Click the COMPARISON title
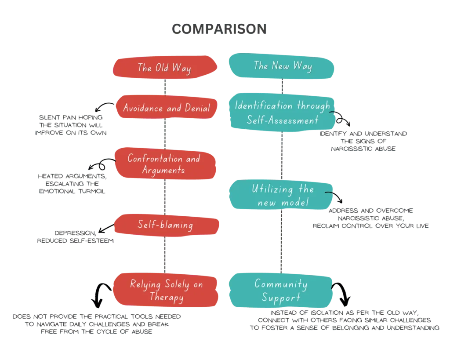pyautogui.click(x=219, y=29)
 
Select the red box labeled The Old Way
pyautogui.click(x=165, y=67)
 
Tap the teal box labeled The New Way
pyautogui.click(x=282, y=66)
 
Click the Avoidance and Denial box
pyautogui.click(x=166, y=107)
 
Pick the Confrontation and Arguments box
pyautogui.click(x=165, y=164)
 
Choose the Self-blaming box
pyautogui.click(x=167, y=225)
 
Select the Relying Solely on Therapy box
pyautogui.click(x=166, y=290)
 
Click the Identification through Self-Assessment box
pyautogui.click(x=283, y=112)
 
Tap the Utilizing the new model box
pyautogui.click(x=281, y=195)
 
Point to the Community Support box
pyautogui.click(x=281, y=290)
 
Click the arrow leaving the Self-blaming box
pyautogui.click(x=106, y=229)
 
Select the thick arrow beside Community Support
pyautogui.click(x=342, y=293)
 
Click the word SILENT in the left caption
pyautogui.click(x=49, y=117)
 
